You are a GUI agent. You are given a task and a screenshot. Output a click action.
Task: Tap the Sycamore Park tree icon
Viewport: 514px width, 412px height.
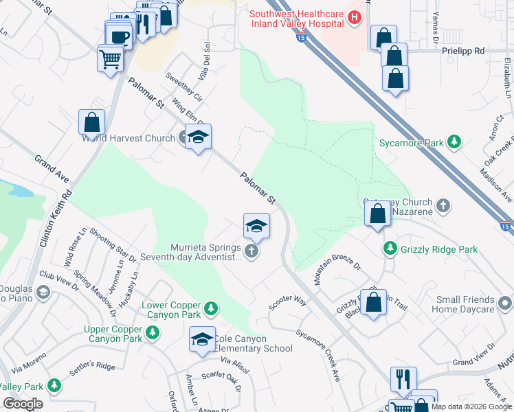[454, 142]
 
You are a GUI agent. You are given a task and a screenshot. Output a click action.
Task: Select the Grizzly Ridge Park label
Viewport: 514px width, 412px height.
[439, 250]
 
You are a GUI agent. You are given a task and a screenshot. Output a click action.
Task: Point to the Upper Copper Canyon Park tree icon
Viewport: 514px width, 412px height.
[153, 333]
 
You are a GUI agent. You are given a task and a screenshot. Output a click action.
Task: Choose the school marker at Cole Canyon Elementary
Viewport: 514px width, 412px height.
[201, 340]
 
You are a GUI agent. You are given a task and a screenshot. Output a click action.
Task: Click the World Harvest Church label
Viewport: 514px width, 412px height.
[128, 138]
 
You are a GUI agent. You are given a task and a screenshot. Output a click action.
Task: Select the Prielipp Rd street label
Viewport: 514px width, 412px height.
[463, 51]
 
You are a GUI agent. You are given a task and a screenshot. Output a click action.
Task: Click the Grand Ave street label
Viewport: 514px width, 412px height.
[52, 169]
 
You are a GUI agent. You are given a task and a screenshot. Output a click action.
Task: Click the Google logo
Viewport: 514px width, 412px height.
[23, 403]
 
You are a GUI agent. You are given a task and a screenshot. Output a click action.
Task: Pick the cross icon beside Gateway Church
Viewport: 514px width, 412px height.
[444, 205]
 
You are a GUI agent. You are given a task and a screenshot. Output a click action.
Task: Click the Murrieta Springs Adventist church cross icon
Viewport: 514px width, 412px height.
[252, 251]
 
